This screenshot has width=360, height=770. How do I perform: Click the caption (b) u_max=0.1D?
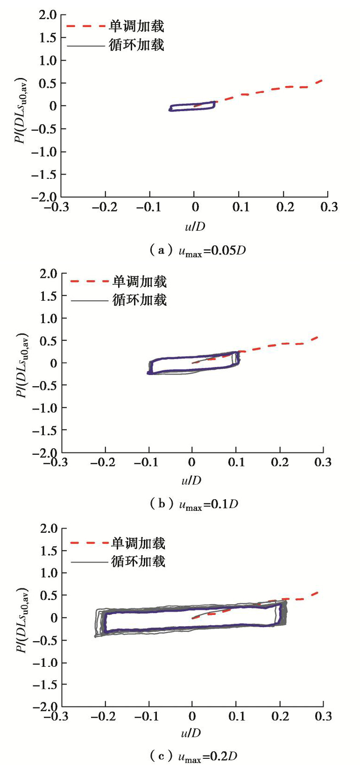pos(194,504)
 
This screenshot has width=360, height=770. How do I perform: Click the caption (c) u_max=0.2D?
pos(194,756)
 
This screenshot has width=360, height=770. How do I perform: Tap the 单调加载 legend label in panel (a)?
pos(136,26)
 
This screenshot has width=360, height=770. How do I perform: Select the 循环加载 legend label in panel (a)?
pos(136,45)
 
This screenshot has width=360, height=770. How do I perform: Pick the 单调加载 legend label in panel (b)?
pos(140,282)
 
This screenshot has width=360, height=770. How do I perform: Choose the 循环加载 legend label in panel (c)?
pos(138,561)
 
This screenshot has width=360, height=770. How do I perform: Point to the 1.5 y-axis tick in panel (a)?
pos(48,37)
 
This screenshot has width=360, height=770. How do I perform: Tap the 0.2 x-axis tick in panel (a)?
pos(285,207)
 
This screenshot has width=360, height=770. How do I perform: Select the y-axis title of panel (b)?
pos(22,364)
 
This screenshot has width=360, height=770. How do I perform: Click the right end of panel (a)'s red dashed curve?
pos(322,81)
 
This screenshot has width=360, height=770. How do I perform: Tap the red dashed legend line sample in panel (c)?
pos(89,543)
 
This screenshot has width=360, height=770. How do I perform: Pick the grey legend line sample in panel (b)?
pos(89,300)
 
